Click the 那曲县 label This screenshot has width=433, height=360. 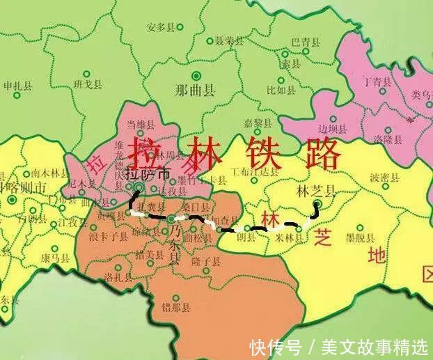[x=195, y=91]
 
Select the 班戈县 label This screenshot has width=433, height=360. [x=88, y=85]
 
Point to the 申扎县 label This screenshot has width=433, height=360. [x=18, y=86]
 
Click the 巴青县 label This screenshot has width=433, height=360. [x=306, y=42]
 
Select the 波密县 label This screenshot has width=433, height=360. [x=384, y=178]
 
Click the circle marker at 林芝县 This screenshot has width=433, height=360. [x=317, y=204]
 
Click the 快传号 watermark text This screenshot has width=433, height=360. [x=276, y=346]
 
